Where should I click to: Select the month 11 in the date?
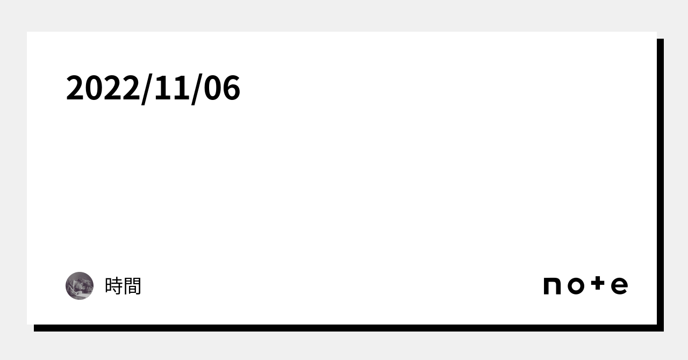[171, 88]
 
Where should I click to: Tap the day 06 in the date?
[222, 88]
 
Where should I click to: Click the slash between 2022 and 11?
[147, 89]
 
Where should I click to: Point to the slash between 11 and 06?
[197, 89]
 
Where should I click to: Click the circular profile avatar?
[80, 286]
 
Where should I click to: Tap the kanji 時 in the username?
[114, 286]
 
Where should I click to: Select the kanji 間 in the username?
[132, 286]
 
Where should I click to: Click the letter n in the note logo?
[552, 286]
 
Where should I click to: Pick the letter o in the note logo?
[576, 286]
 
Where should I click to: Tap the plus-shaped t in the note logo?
[598, 283]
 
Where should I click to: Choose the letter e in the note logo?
[619, 286]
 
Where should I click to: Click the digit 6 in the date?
[231, 88]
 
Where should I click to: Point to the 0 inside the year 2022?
[94, 88]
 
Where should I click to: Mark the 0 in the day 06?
[212, 88]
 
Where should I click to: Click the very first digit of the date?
[75, 88]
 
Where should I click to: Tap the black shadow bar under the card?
[349, 328]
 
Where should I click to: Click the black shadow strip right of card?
[661, 185]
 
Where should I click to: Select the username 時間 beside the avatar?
[123, 286]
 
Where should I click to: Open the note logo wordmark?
[586, 285]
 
